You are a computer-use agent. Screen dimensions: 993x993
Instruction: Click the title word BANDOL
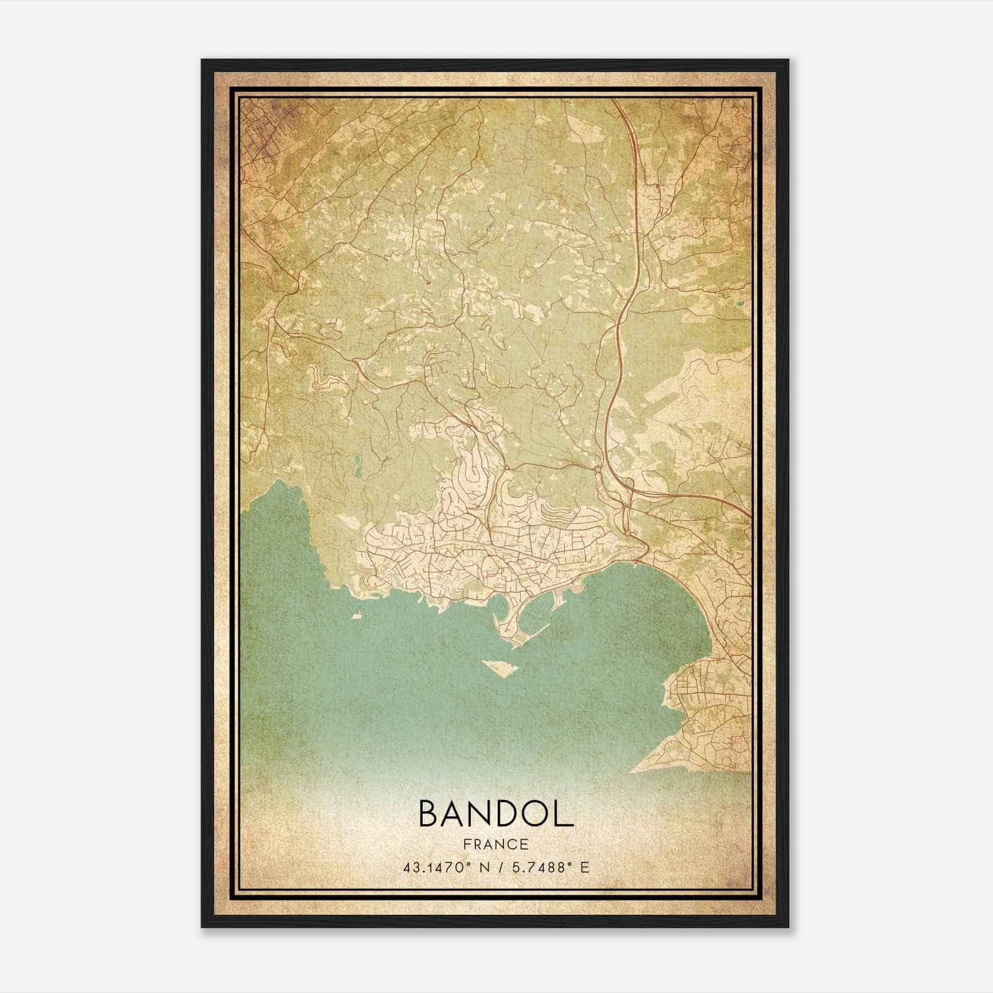(496, 814)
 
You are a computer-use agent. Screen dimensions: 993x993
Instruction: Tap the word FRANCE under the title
(496, 845)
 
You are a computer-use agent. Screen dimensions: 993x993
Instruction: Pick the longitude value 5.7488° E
(546, 868)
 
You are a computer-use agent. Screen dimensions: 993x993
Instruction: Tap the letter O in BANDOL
(532, 814)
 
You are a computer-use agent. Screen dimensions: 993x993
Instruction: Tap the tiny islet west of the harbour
(356, 616)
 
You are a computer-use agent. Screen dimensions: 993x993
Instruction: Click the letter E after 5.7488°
(583, 868)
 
